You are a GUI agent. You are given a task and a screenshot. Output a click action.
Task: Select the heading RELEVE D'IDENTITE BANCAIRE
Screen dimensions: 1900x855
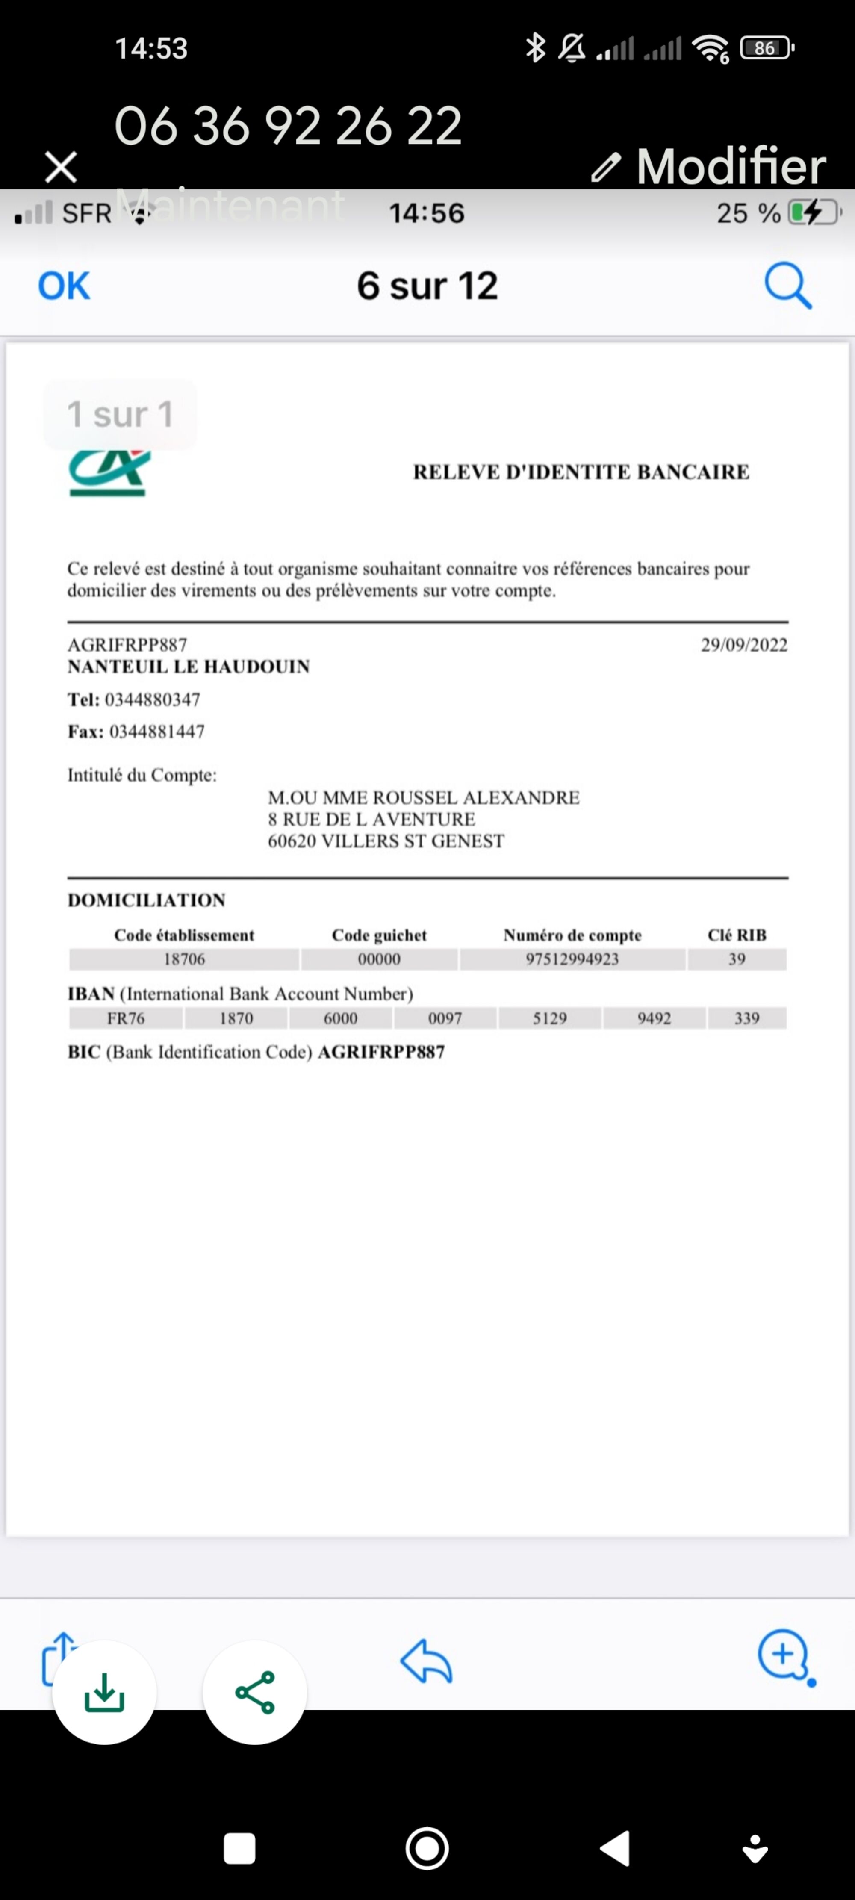coord(581,472)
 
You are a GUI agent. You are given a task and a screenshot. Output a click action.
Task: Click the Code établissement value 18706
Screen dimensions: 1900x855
coord(184,959)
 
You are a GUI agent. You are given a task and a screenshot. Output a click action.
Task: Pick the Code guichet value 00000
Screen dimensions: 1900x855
coord(379,959)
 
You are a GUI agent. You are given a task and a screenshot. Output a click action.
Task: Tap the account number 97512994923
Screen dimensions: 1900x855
coord(572,959)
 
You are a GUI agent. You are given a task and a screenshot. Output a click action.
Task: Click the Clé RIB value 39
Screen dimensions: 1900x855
coord(736,959)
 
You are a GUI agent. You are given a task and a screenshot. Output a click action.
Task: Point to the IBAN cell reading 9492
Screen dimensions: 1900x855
coord(654,1018)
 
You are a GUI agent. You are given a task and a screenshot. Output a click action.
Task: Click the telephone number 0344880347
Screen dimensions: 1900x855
coord(152,699)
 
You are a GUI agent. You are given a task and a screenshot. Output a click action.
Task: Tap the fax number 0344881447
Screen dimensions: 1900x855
coord(156,731)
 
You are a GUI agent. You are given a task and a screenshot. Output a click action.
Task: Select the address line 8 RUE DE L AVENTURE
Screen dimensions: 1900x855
coord(371,819)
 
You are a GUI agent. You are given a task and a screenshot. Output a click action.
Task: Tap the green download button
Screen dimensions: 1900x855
coord(104,1692)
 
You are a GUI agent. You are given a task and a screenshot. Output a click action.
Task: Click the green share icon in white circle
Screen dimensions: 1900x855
coord(254,1692)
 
